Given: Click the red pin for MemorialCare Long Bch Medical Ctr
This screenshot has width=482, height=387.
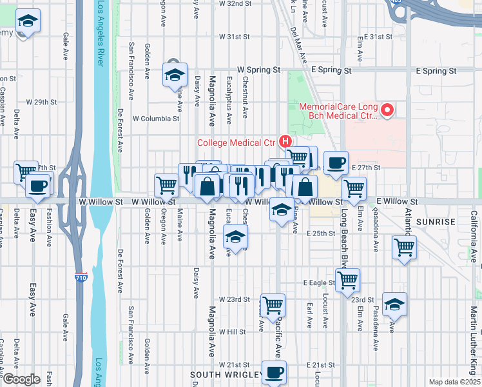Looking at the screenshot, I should click(x=387, y=111).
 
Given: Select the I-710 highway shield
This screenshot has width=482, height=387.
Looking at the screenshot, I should click(x=79, y=275).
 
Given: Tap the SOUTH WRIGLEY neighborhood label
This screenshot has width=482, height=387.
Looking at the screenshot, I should click(x=226, y=375).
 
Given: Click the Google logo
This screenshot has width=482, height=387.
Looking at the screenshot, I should click(x=21, y=379).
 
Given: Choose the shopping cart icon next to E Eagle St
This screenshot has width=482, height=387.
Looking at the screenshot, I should click(x=347, y=279).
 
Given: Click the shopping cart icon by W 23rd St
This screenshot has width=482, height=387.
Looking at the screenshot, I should click(x=273, y=304).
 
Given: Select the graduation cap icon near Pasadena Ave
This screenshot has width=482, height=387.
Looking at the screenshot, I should click(x=394, y=304).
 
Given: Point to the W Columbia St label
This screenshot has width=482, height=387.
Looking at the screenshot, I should click(x=156, y=119).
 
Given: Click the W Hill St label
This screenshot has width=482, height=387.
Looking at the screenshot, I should click(x=233, y=332).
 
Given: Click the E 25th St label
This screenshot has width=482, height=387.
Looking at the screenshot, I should click(x=322, y=233).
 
